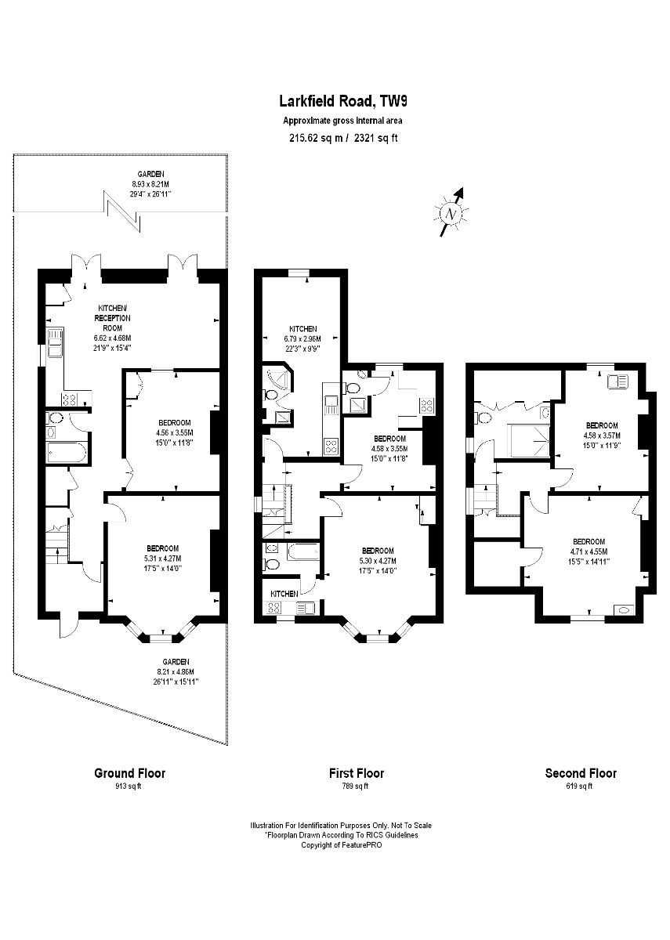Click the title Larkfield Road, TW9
pyautogui.click(x=343, y=101)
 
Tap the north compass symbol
pyautogui.click(x=451, y=213)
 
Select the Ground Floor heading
pyautogui.click(x=130, y=772)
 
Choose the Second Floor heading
pyautogui.click(x=581, y=772)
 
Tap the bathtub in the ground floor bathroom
pyautogui.click(x=67, y=453)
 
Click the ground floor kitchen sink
pyautogui.click(x=55, y=343)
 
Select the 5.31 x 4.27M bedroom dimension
pyautogui.click(x=162, y=559)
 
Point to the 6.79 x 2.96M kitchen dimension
pyautogui.click(x=302, y=338)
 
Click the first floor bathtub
pyautogui.click(x=303, y=551)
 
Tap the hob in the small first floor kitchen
pyautogui.click(x=274, y=607)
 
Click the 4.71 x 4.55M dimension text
pyautogui.click(x=589, y=551)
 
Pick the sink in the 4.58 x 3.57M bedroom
pyautogui.click(x=617, y=381)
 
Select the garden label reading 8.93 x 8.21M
pyautogui.click(x=150, y=184)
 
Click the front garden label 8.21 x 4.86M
pyautogui.click(x=176, y=671)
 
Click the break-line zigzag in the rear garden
pyautogui.click(x=122, y=211)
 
